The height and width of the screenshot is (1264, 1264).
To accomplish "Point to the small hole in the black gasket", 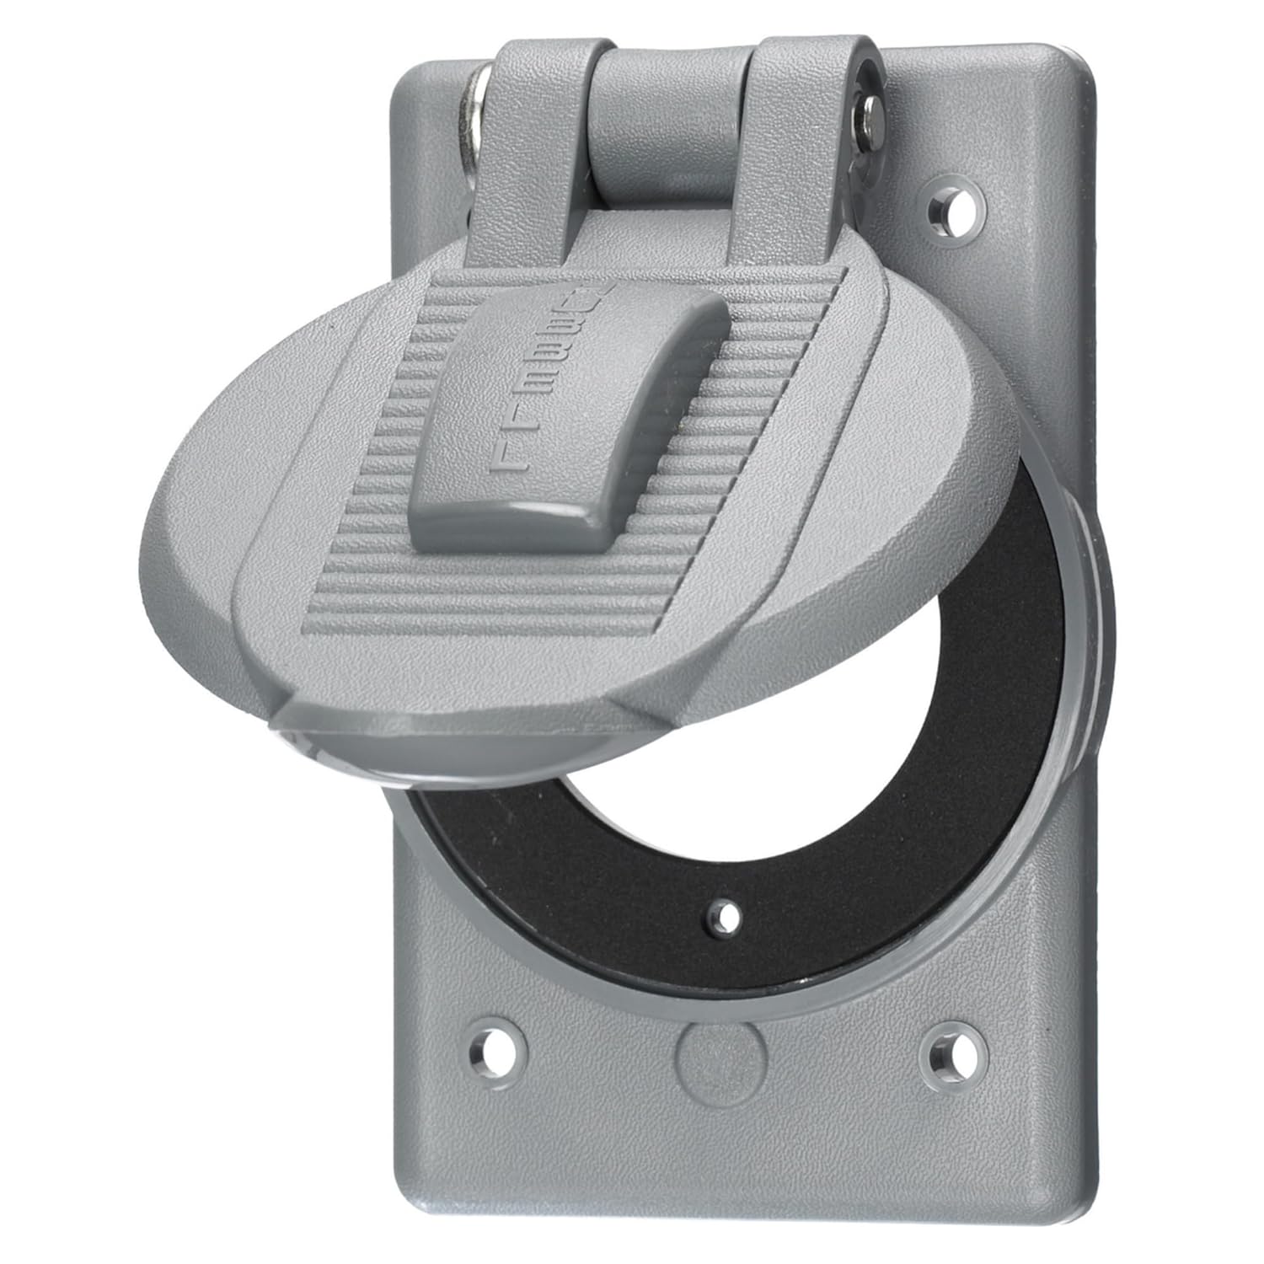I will pyautogui.click(x=723, y=914).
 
